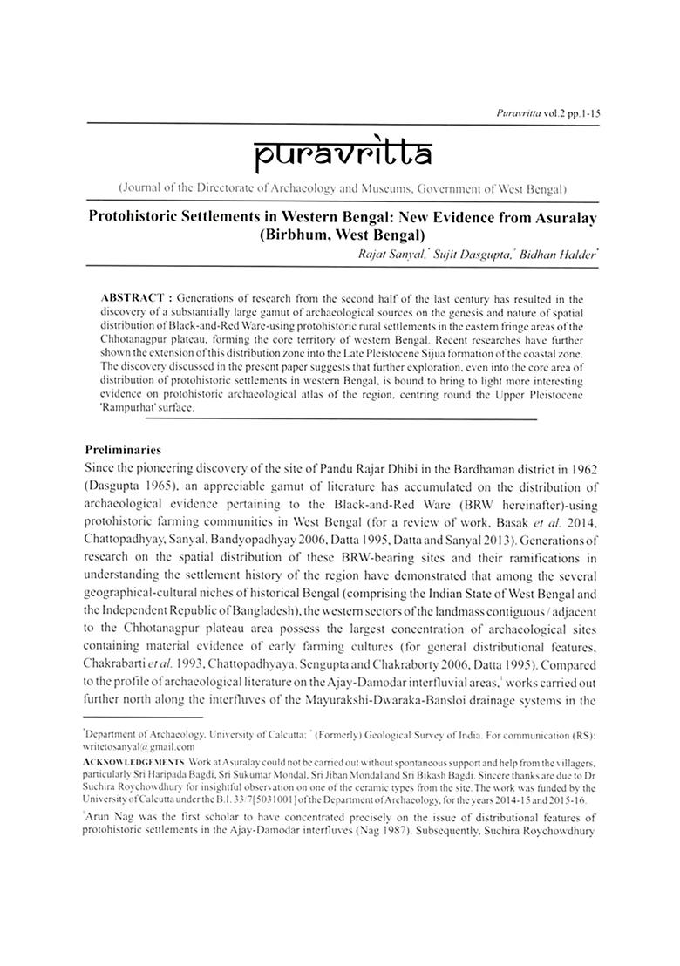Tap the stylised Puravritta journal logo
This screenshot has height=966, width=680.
[x=339, y=156]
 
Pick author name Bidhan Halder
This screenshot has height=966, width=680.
[x=557, y=253]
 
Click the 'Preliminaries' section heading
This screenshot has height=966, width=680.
[x=123, y=451]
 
